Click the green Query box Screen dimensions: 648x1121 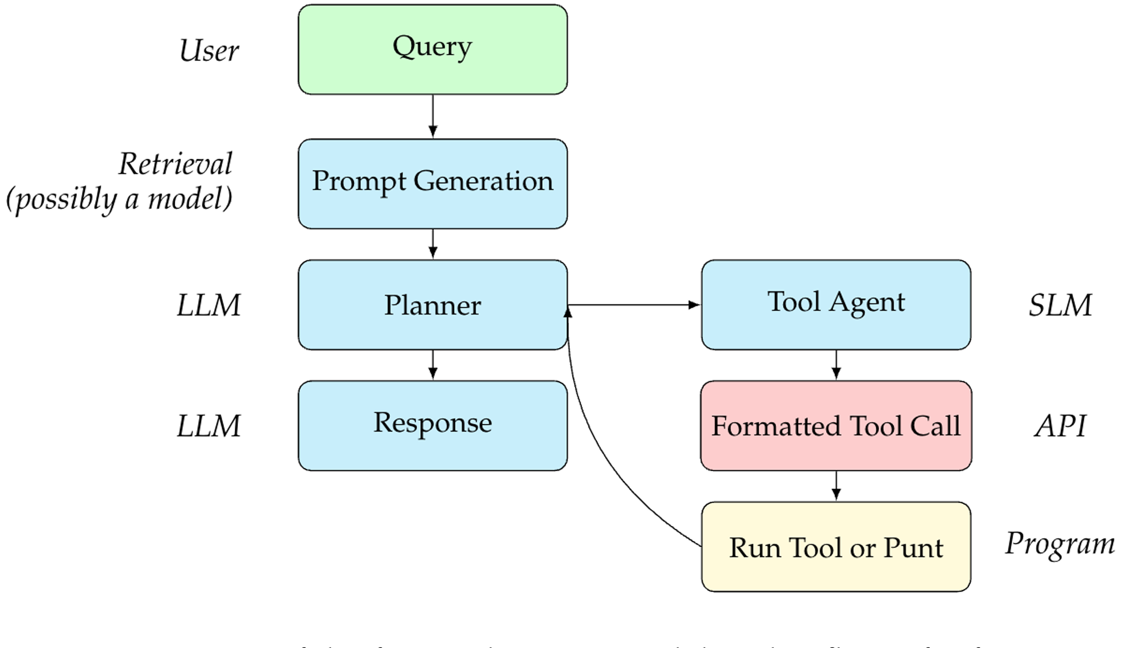pyautogui.click(x=432, y=49)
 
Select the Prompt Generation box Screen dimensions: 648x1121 pyautogui.click(x=432, y=184)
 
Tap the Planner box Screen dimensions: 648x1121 pyautogui.click(x=432, y=305)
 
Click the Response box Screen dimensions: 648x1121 pyautogui.click(x=432, y=425)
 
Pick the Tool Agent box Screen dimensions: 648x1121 pyautogui.click(x=836, y=305)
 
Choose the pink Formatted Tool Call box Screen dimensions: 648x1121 pyautogui.click(x=836, y=425)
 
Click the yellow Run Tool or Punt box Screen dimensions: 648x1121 pyautogui.click(x=836, y=546)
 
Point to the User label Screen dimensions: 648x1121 pyautogui.click(x=209, y=51)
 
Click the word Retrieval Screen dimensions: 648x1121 pyautogui.click(x=175, y=164)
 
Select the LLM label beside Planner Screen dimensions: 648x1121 pyautogui.click(x=209, y=306)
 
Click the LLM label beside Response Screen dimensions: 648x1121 pyautogui.click(x=209, y=426)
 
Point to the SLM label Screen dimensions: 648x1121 pyautogui.click(x=1060, y=306)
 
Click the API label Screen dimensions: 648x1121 pyautogui.click(x=1060, y=426)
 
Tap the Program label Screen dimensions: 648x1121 pyautogui.click(x=1060, y=544)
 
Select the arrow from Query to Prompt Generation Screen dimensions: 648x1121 pyautogui.click(x=432, y=116)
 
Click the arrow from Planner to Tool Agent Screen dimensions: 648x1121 pyautogui.click(x=633, y=305)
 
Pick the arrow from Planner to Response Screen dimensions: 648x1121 pyautogui.click(x=432, y=364)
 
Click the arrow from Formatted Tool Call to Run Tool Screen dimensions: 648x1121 pyautogui.click(x=836, y=485)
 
